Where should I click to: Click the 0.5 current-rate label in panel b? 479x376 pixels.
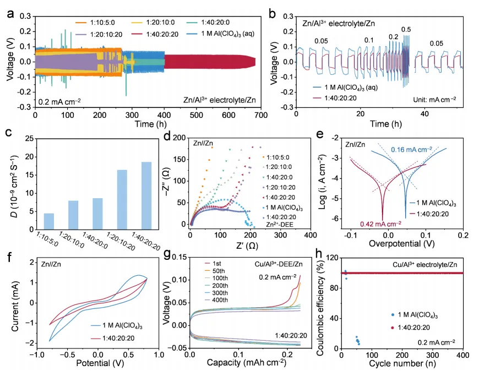[406, 29]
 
